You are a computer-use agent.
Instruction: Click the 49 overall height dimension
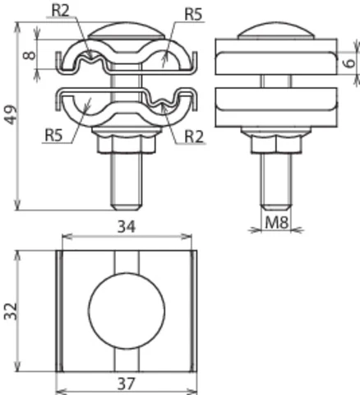point(10,118)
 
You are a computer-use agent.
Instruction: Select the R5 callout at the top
point(193,13)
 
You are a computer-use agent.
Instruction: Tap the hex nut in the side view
point(275,145)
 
